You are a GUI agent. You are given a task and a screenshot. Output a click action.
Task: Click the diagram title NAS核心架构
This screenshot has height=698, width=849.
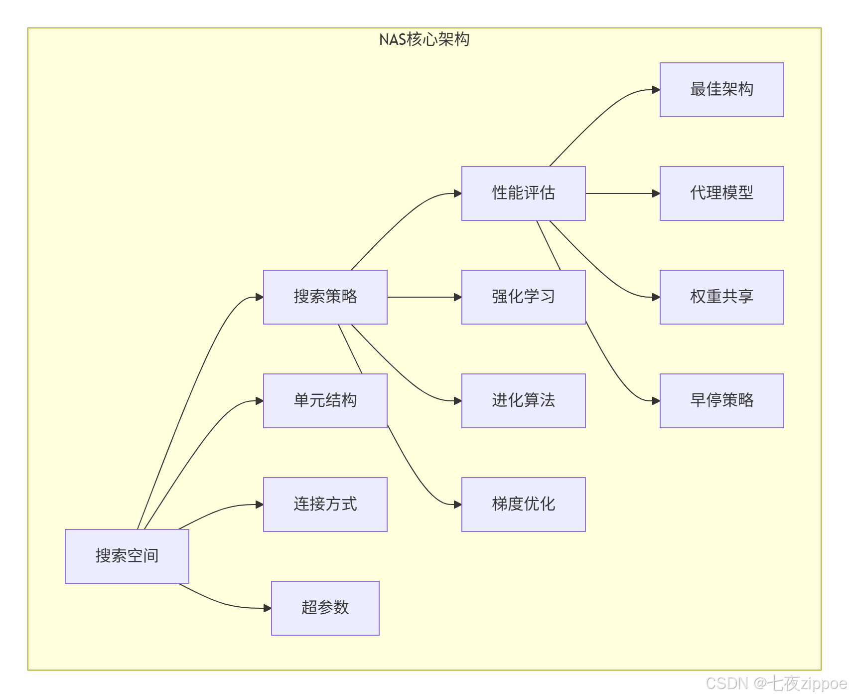tap(424, 39)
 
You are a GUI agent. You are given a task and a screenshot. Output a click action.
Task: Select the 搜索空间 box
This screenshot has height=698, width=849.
tap(127, 556)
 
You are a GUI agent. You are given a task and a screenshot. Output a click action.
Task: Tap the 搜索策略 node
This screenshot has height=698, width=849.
tap(325, 297)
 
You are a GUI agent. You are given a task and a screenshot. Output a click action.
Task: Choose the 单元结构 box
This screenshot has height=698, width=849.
tap(325, 400)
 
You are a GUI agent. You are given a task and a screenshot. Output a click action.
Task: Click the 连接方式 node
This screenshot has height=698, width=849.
tap(325, 504)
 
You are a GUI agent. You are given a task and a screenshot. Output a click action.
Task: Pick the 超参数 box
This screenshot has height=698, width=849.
tap(325, 608)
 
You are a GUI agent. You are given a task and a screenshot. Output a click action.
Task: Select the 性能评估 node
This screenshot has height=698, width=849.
tap(523, 193)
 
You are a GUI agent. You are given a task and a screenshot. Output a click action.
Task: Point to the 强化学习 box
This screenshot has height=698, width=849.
tap(523, 297)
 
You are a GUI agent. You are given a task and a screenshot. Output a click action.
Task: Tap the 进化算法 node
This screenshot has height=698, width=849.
tap(523, 400)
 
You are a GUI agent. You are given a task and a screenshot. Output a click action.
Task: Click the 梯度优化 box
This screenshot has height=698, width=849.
tap(523, 504)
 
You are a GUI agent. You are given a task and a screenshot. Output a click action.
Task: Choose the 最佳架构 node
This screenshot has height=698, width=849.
tap(721, 90)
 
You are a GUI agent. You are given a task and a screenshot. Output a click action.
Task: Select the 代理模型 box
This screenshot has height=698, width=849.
tap(721, 193)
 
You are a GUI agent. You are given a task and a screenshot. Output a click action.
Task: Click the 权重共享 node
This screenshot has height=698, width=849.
tap(721, 297)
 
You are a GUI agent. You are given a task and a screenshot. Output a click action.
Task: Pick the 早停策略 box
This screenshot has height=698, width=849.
tap(721, 400)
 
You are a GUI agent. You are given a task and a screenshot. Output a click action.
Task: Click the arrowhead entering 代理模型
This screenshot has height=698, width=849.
tap(656, 193)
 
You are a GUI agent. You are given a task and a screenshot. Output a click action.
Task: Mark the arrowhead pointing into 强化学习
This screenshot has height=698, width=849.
tap(458, 297)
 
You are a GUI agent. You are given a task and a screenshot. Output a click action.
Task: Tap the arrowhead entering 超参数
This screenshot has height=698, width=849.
tap(268, 608)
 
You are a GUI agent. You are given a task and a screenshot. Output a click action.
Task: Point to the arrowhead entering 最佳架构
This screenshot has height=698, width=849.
tap(656, 90)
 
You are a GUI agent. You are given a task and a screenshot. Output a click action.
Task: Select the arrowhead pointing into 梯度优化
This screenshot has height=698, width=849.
tap(458, 505)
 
